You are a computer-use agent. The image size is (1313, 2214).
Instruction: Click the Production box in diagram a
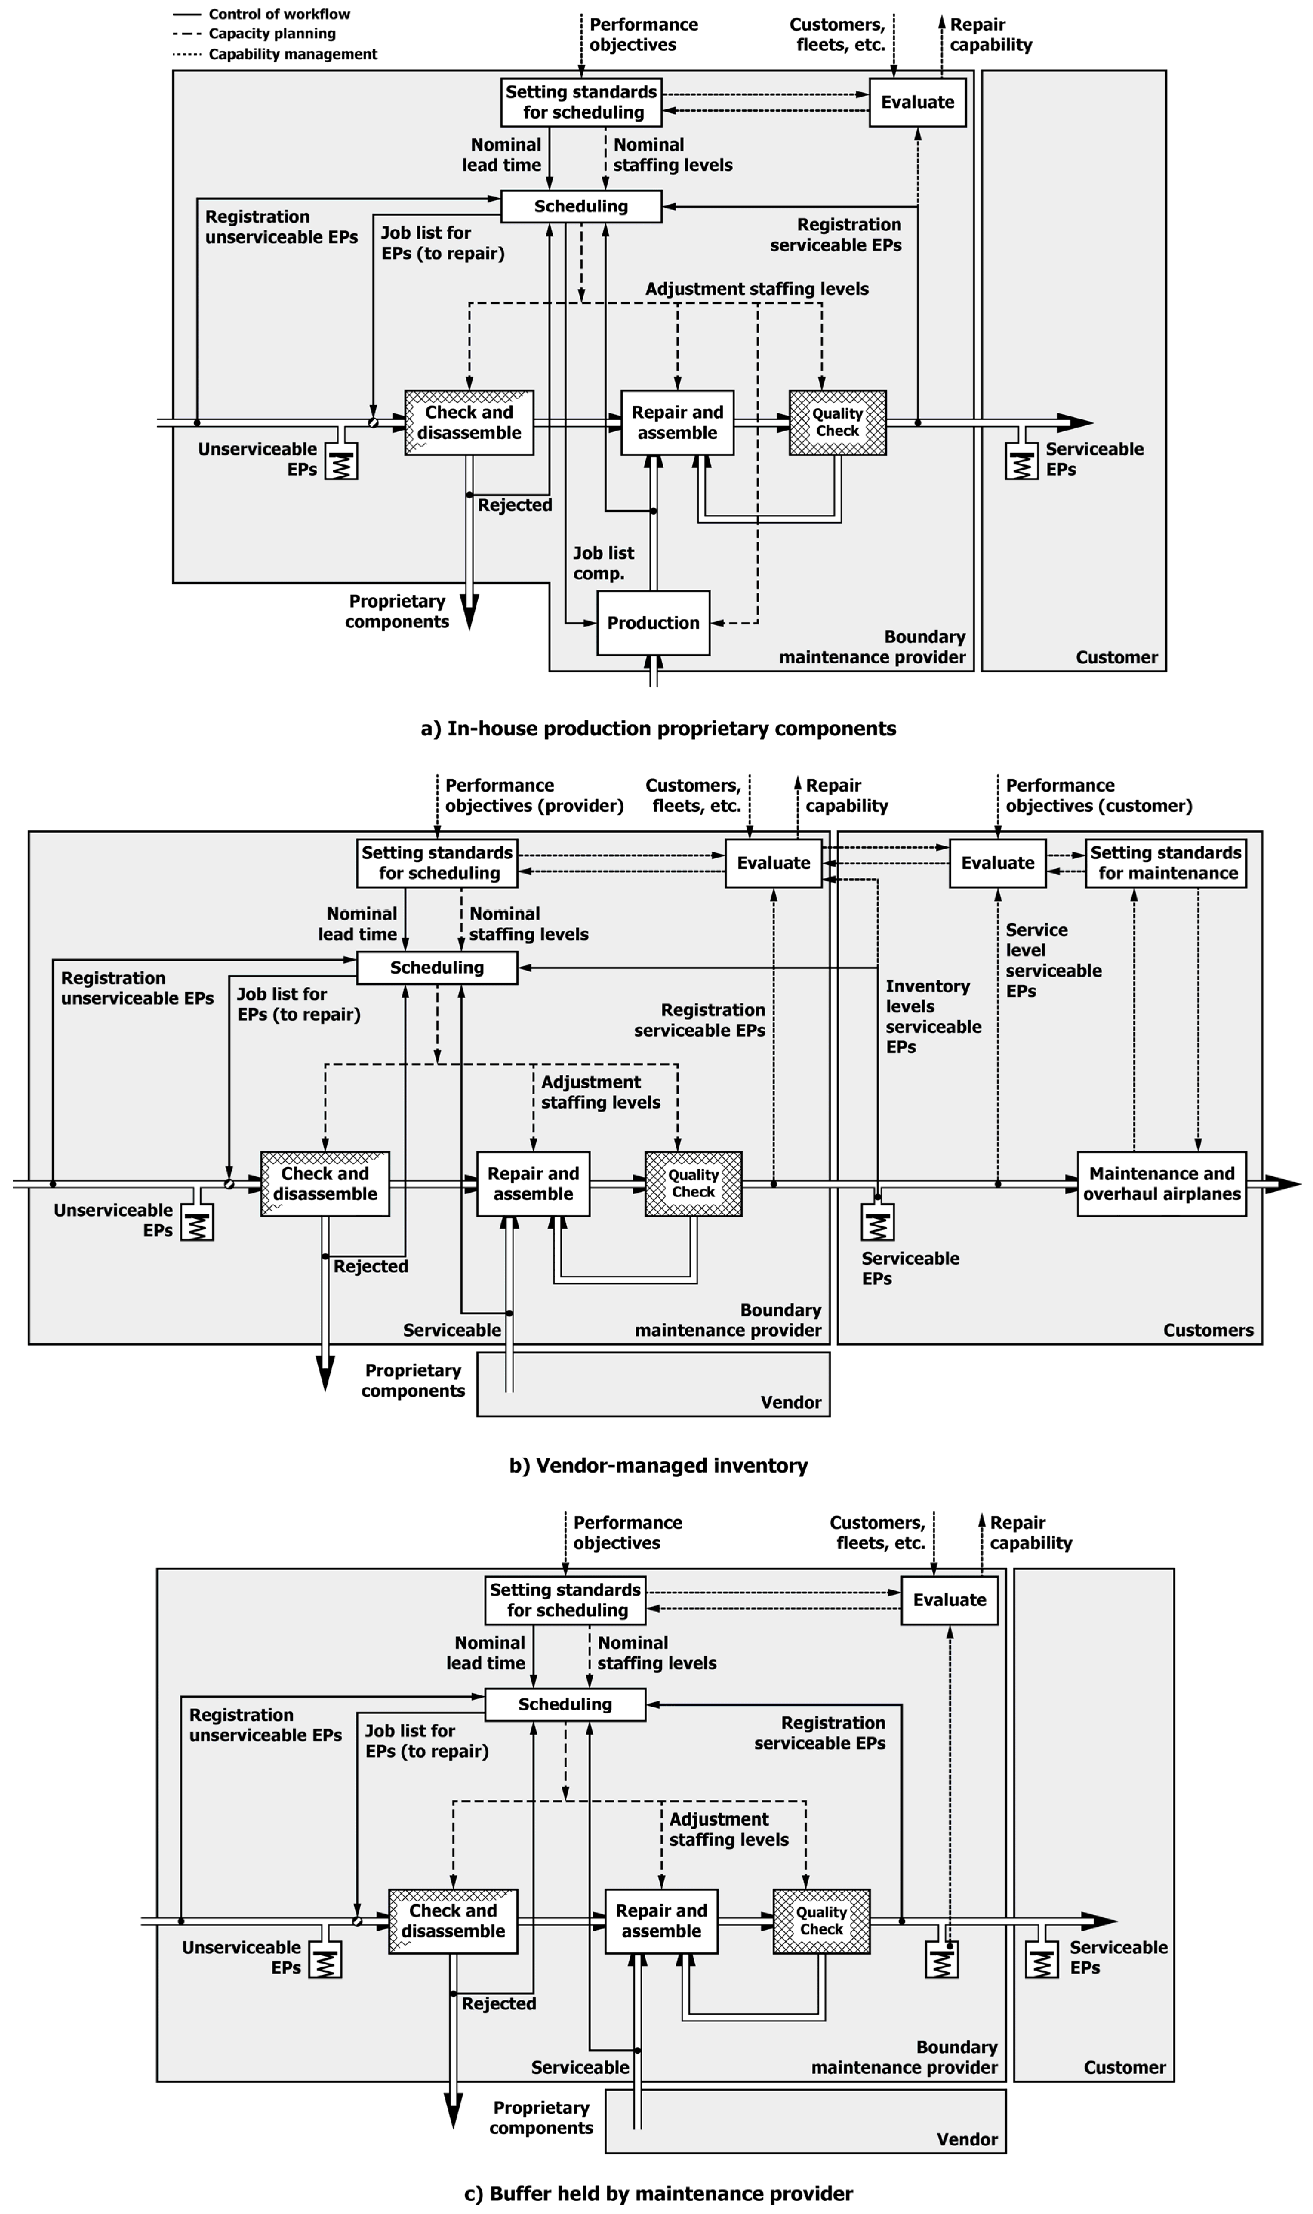(x=653, y=623)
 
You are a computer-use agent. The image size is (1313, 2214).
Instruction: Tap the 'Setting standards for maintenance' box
(x=1165, y=863)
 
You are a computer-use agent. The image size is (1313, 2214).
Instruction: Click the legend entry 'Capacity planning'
(x=272, y=34)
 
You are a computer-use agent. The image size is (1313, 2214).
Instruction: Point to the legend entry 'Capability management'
(x=292, y=54)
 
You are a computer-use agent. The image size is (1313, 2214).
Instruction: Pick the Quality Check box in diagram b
(x=693, y=1184)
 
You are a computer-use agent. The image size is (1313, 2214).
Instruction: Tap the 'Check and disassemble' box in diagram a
(x=469, y=423)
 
